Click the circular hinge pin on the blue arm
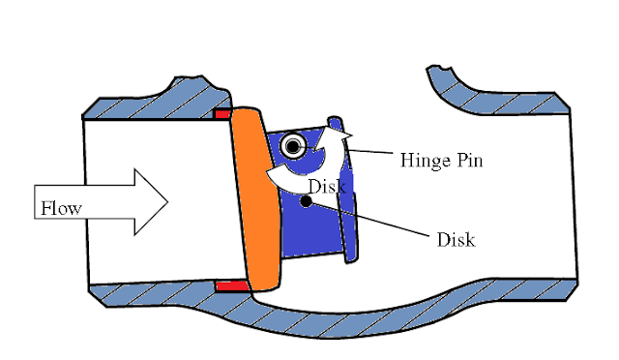pyautogui.click(x=292, y=146)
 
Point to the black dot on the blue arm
pyautogui.click(x=305, y=202)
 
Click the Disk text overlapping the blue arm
pyautogui.click(x=326, y=185)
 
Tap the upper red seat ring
pyautogui.click(x=222, y=114)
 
